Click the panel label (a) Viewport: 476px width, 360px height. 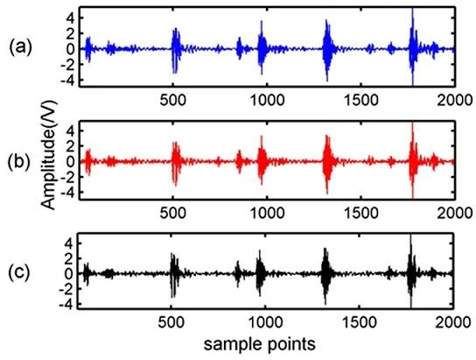20,48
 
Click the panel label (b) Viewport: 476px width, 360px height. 19,161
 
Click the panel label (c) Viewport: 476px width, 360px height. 19,273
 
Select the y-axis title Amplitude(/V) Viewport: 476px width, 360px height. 49,155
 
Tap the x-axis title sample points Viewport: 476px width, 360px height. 260,344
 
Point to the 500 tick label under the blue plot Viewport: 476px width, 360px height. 173,100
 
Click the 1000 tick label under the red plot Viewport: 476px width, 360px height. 267,213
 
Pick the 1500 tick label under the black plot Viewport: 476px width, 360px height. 360,322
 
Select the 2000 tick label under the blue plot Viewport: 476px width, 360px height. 454,100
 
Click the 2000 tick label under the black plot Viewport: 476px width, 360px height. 453,322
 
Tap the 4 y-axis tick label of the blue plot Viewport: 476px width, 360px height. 71,18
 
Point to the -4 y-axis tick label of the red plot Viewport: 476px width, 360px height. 67,192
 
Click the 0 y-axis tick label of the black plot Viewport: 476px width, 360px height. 70,273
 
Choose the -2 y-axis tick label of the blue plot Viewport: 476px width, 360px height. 67,65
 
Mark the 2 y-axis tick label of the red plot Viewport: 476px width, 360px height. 71,146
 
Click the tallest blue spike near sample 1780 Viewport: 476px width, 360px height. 412,46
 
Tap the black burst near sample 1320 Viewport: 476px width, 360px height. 325,275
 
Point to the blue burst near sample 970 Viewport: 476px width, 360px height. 262,47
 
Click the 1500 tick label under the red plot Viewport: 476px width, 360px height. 360,213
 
